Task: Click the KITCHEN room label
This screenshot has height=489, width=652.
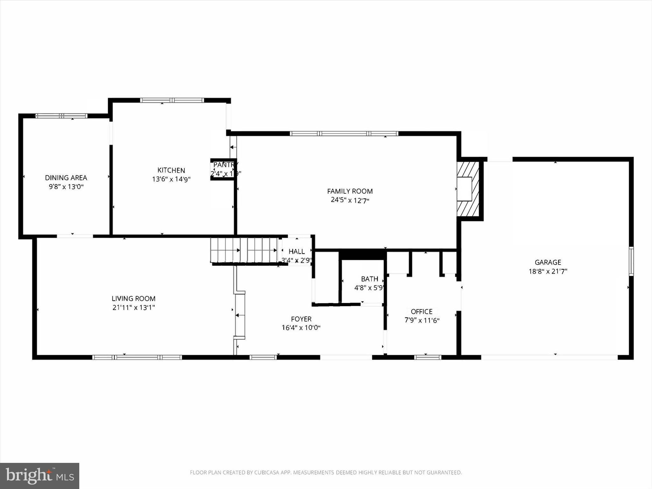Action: pos(171,170)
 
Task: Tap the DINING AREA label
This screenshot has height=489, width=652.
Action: pos(66,178)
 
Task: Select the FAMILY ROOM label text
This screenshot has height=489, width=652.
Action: pos(350,191)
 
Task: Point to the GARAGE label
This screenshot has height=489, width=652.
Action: pos(548,262)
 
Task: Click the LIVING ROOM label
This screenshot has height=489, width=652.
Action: pos(133,298)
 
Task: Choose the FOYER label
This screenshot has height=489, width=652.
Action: pos(301,319)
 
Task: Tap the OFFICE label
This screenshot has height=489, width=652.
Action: pos(422,311)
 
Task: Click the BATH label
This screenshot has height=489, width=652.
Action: pos(370,279)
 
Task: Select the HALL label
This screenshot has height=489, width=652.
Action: pos(296,251)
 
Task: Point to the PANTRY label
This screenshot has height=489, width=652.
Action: pos(225,165)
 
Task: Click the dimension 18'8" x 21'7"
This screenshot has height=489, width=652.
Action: pos(548,271)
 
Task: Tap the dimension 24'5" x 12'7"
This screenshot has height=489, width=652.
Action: pos(350,200)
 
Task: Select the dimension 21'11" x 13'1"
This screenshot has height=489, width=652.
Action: pos(133,307)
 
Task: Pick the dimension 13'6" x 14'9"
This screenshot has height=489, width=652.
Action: pos(171,179)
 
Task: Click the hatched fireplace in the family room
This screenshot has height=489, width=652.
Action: pos(468,189)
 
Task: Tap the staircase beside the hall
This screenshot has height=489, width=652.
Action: pos(243,250)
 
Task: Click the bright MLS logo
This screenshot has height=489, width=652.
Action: pos(39,476)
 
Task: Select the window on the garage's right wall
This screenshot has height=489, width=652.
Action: pos(631,261)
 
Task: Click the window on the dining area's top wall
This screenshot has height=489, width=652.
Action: pos(61,116)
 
